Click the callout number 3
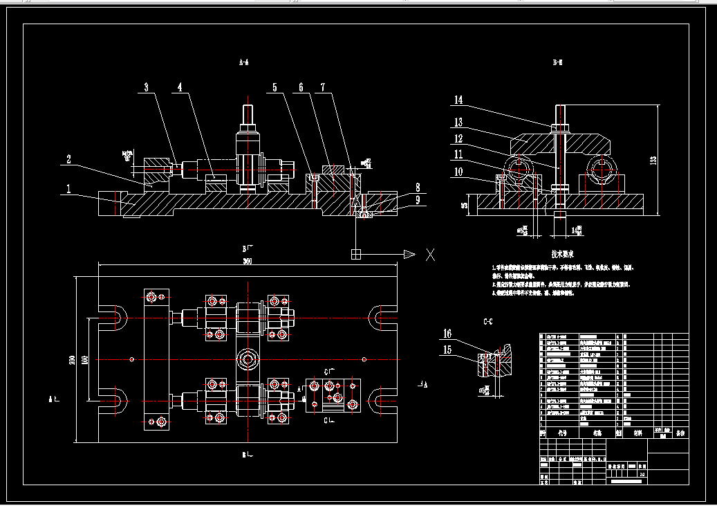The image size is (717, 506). [146, 88]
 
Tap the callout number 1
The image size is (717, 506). [68, 188]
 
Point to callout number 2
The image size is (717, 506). [68, 159]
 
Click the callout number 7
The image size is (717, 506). [322, 88]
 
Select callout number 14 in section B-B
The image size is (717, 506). [458, 100]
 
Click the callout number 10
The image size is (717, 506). [458, 171]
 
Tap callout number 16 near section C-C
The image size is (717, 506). [447, 334]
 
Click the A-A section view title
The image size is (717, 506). [243, 62]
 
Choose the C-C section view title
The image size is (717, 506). [487, 322]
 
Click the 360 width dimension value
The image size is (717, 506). [247, 261]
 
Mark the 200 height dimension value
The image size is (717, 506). [72, 360]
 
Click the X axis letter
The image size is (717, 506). [430, 254]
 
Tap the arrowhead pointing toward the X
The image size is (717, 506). [409, 254]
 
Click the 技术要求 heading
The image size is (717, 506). [564, 255]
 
